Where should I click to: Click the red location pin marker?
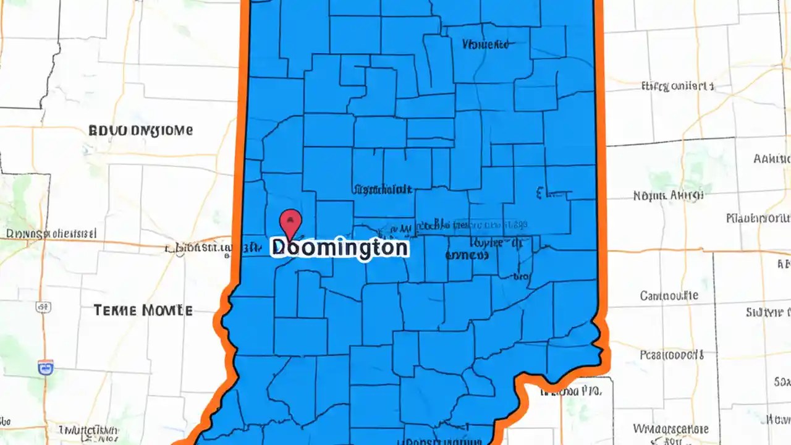pos(291,222)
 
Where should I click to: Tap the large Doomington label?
pos(339,248)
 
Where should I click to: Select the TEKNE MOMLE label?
pos(143,310)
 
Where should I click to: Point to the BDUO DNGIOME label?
pos(140,130)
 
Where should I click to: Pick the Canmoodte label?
pos(669,295)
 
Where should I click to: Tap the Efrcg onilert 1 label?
pos(678,87)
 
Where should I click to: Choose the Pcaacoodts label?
pos(672,355)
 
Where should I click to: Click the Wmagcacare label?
pos(670,428)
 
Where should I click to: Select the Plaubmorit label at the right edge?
pos(758,218)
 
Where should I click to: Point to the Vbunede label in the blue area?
pos(485,44)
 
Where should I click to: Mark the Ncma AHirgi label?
pos(668,196)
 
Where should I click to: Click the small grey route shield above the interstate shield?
pos(43,307)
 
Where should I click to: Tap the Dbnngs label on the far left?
pos(51,234)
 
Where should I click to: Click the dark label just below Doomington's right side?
pos(467,255)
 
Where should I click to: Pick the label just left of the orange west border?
pos(198,249)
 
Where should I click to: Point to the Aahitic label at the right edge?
pos(772,158)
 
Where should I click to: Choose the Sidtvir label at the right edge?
pos(768,311)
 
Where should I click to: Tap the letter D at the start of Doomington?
pos(279,248)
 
